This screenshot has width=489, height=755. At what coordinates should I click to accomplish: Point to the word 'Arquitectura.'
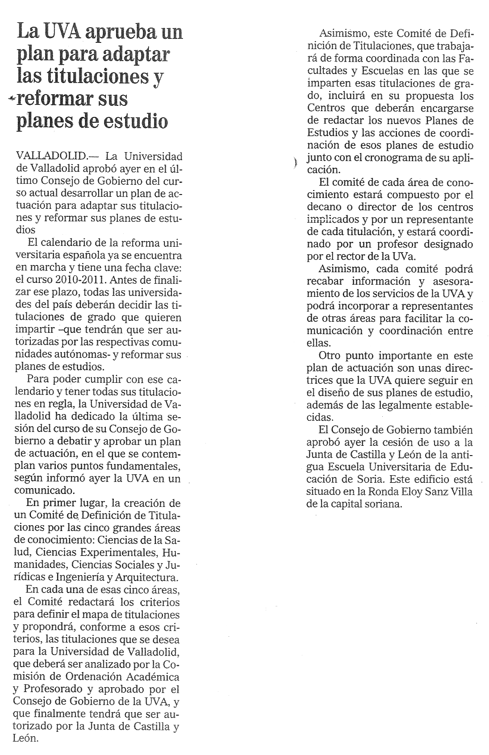click(x=147, y=577)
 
